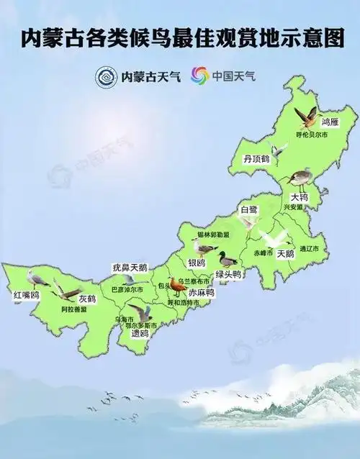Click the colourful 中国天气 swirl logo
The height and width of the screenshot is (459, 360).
[x=199, y=75]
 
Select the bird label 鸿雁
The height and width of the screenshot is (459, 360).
[x=330, y=123]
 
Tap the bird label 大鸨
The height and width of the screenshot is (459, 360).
[x=299, y=196]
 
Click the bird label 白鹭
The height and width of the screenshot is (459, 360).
[x=248, y=209]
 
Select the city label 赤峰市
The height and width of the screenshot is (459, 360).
[x=264, y=253]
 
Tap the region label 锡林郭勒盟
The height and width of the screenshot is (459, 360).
[x=213, y=235]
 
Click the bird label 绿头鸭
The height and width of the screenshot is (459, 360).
[x=228, y=275]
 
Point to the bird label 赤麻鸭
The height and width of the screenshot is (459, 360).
[x=201, y=293]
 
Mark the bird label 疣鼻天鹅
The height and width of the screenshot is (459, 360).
[x=130, y=268]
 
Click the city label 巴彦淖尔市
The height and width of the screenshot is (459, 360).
[x=127, y=289]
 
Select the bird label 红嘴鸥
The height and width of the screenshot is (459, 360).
[x=26, y=295]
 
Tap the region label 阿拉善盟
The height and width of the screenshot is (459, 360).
[x=74, y=309]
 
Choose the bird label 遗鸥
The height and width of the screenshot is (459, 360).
[x=139, y=334]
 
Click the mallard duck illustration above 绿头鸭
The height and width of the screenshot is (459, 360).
[x=228, y=259]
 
